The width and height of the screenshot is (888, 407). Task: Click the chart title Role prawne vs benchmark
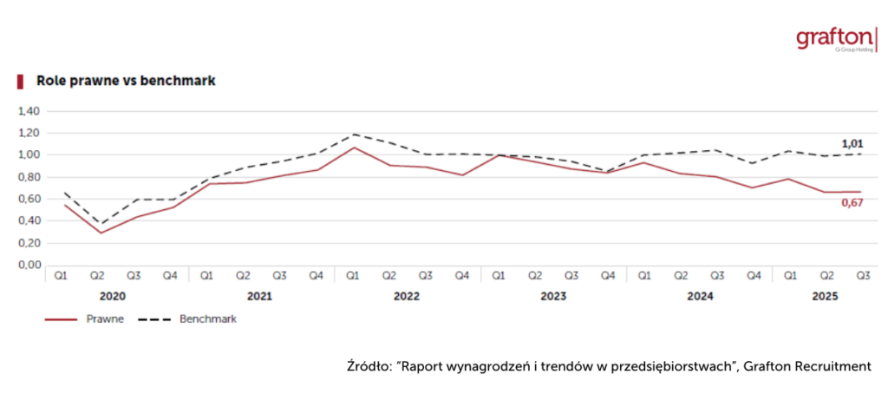point(125,81)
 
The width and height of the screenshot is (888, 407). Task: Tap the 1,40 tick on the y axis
point(29,111)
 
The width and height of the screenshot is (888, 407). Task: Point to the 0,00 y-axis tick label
point(29,265)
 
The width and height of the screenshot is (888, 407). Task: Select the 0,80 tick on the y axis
point(29,177)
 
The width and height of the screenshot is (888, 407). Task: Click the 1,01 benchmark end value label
point(852,143)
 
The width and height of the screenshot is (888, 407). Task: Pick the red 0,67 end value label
point(852,203)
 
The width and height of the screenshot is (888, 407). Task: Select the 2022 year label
point(407,296)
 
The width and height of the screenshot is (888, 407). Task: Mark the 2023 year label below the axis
point(553,296)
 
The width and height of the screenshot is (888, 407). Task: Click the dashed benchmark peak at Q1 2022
point(353,135)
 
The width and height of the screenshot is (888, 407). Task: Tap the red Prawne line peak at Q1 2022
point(353,148)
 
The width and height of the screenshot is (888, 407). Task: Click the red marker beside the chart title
point(19,81)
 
